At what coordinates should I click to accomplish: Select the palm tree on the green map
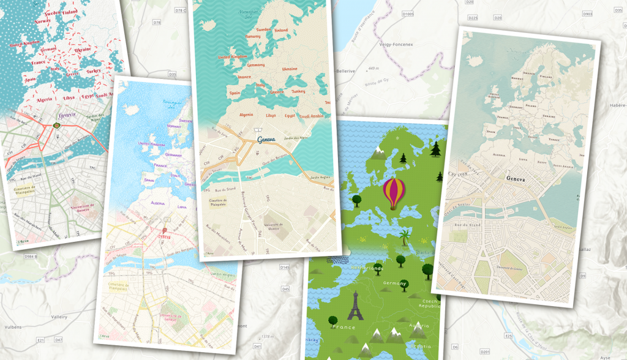(x=404, y=237)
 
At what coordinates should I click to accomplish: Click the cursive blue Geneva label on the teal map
(x=267, y=140)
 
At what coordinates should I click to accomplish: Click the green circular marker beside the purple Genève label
(x=57, y=126)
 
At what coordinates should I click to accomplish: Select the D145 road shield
(x=284, y=268)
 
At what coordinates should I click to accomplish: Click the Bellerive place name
(x=347, y=71)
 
